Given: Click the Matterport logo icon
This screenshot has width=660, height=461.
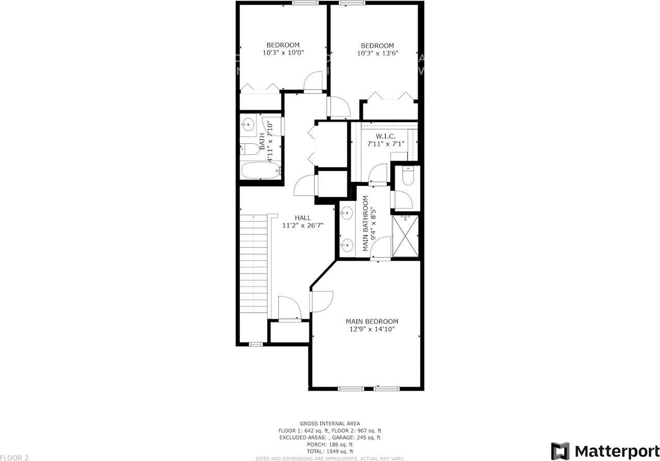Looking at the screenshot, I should coord(560,451).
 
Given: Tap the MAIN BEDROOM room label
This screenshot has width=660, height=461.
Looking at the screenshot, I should coord(371,321).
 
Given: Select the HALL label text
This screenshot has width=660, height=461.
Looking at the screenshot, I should coord(303,218).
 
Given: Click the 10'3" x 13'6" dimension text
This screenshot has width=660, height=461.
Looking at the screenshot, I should coord(377,53).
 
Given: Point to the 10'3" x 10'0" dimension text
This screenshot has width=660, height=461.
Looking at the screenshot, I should coord(283,53).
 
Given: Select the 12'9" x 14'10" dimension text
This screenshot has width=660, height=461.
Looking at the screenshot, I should coord(371,330).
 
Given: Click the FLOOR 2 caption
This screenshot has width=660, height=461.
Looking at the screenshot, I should coord(14,457).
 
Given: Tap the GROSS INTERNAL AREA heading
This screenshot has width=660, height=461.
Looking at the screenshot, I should coord(330,423).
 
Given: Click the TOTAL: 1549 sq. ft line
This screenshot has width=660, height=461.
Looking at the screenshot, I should coord(330,451).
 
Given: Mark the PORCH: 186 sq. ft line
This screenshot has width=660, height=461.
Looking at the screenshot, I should coord(330,444).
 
